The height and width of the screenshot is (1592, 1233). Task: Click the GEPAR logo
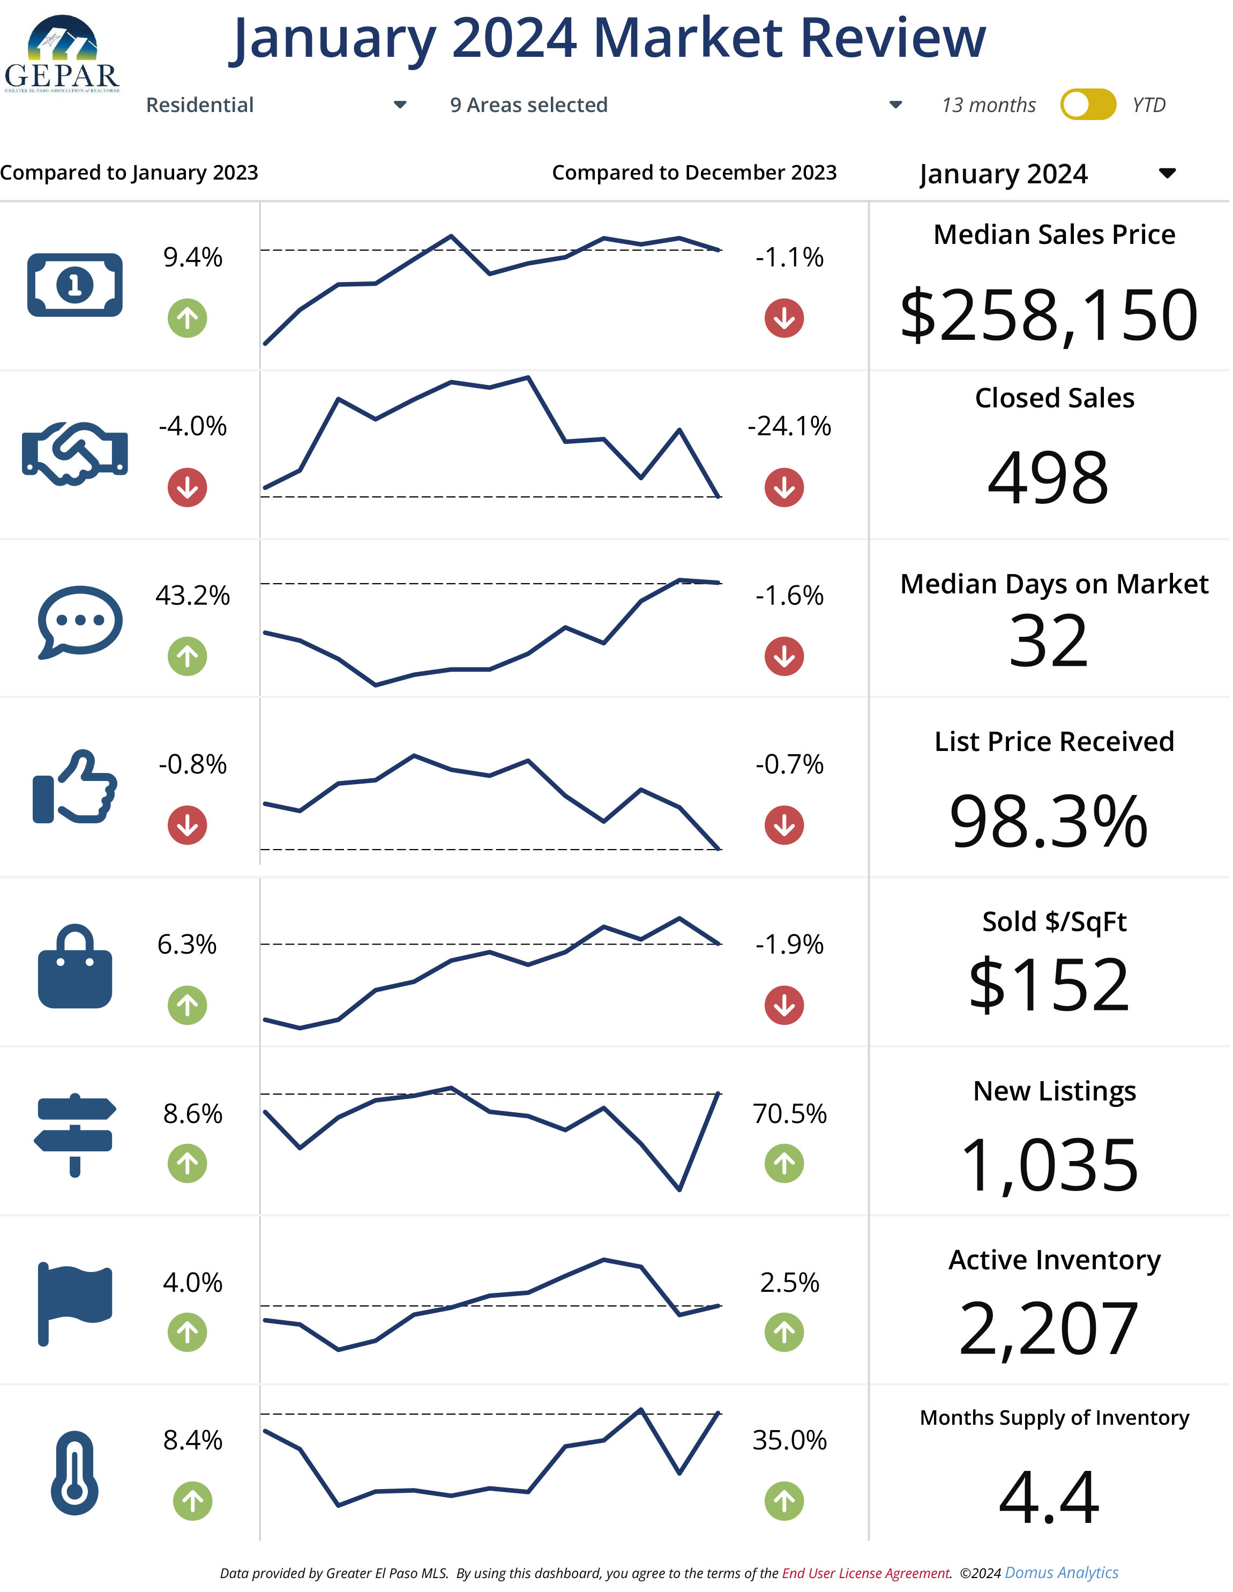click(62, 55)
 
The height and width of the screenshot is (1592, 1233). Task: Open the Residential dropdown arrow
click(400, 105)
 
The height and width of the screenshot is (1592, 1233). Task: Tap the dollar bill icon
click(75, 285)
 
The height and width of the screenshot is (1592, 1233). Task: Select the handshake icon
click(75, 453)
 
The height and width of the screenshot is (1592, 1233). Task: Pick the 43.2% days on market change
click(192, 596)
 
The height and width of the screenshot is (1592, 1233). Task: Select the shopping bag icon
click(75, 968)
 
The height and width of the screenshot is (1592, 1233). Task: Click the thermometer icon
click(74, 1474)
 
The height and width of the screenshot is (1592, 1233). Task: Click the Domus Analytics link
click(1063, 1574)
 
